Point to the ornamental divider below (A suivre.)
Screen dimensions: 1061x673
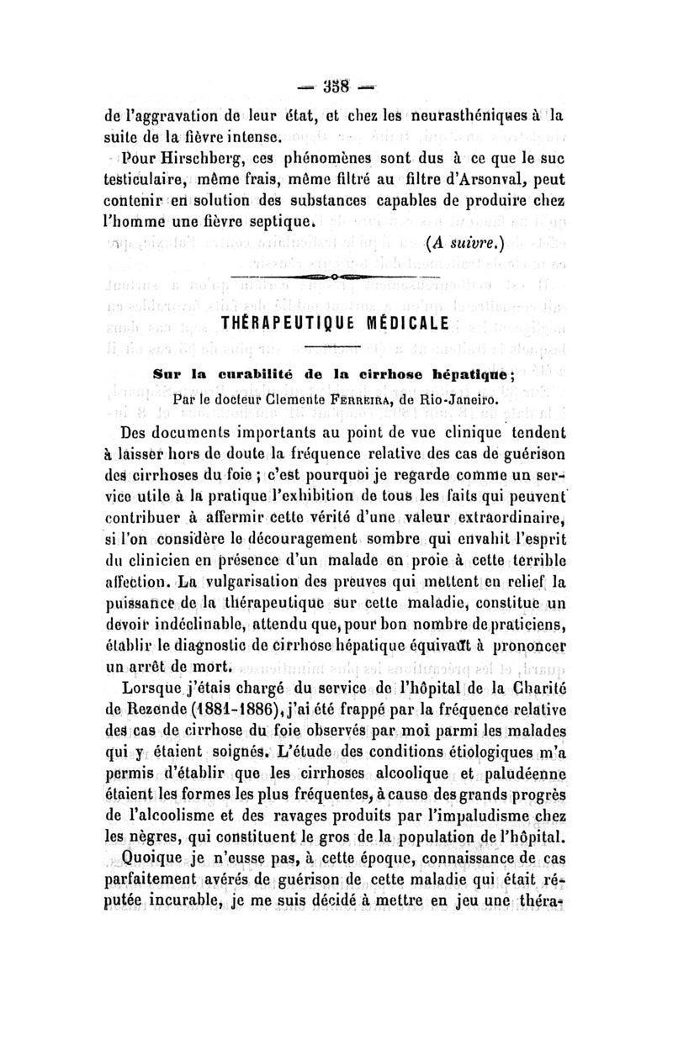335,276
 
